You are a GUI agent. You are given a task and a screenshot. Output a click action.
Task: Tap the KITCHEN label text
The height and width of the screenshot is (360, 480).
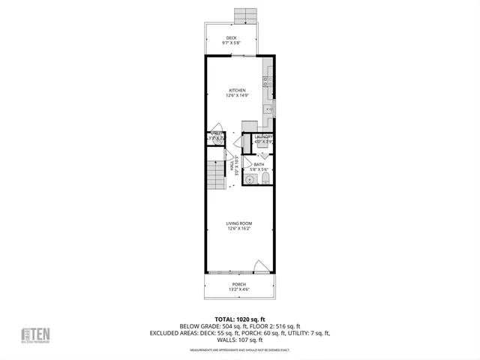(238, 90)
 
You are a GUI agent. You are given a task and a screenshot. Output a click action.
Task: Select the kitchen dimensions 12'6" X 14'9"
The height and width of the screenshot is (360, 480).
(238, 95)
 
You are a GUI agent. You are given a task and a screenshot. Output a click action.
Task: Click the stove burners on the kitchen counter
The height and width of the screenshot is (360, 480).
(267, 79)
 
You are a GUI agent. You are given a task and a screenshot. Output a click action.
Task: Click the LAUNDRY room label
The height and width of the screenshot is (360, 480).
(262, 136)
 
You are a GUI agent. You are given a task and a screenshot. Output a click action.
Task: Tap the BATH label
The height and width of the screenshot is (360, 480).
(259, 164)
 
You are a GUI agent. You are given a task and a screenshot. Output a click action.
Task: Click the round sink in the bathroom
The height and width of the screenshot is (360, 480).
(251, 178)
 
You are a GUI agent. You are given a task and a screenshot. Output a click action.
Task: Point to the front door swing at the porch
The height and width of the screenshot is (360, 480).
(259, 265)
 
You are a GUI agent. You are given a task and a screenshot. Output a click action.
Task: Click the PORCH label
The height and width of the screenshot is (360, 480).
(238, 284)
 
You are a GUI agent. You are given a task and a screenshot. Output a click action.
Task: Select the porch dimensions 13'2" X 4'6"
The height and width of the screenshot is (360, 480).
(238, 289)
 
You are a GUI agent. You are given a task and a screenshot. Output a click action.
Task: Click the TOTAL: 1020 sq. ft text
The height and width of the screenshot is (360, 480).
(239, 319)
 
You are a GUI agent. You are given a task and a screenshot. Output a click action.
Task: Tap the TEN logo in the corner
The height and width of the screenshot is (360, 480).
(37, 333)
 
